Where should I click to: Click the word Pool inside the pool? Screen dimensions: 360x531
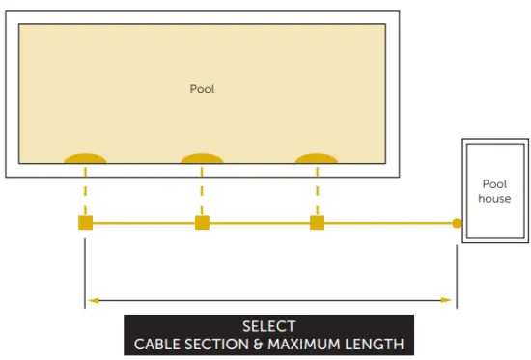(x=202, y=89)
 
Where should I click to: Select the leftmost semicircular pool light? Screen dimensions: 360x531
(x=85, y=158)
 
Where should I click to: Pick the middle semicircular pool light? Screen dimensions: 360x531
(x=202, y=158)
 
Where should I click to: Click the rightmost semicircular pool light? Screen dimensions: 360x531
(x=316, y=158)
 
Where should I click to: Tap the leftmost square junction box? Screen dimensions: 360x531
(x=85, y=223)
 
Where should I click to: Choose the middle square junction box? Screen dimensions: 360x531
(x=202, y=223)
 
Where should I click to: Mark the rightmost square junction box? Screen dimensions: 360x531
(x=317, y=223)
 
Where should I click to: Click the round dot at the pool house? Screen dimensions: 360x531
(x=457, y=223)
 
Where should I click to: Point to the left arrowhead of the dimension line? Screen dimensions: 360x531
(x=93, y=301)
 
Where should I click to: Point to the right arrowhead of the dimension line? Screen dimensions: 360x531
(x=446, y=301)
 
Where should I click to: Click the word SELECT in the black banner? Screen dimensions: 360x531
(x=268, y=326)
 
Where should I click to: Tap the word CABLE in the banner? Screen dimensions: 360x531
(x=157, y=344)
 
